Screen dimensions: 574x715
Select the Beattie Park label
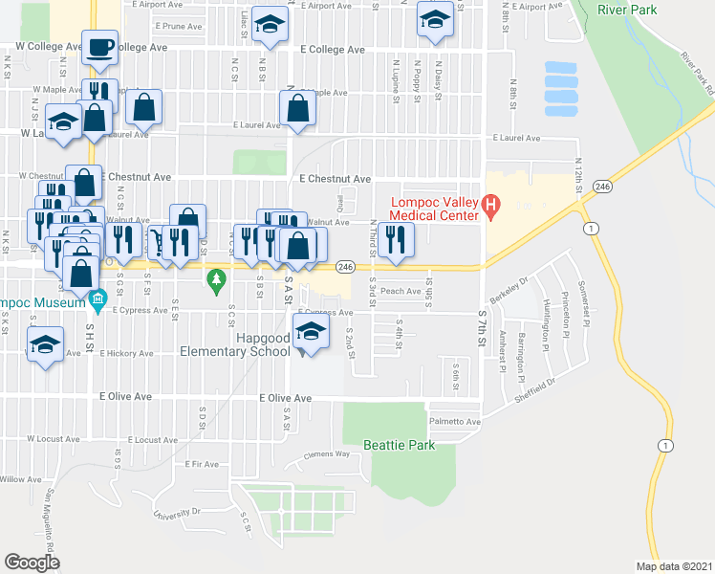pos(399,445)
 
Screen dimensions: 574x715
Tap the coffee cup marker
pos(100,48)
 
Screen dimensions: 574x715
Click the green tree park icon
pos(216,279)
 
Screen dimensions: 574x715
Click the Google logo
pos(32,563)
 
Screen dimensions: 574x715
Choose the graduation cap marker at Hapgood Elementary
pos(308,334)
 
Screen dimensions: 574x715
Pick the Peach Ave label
pos(401,291)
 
